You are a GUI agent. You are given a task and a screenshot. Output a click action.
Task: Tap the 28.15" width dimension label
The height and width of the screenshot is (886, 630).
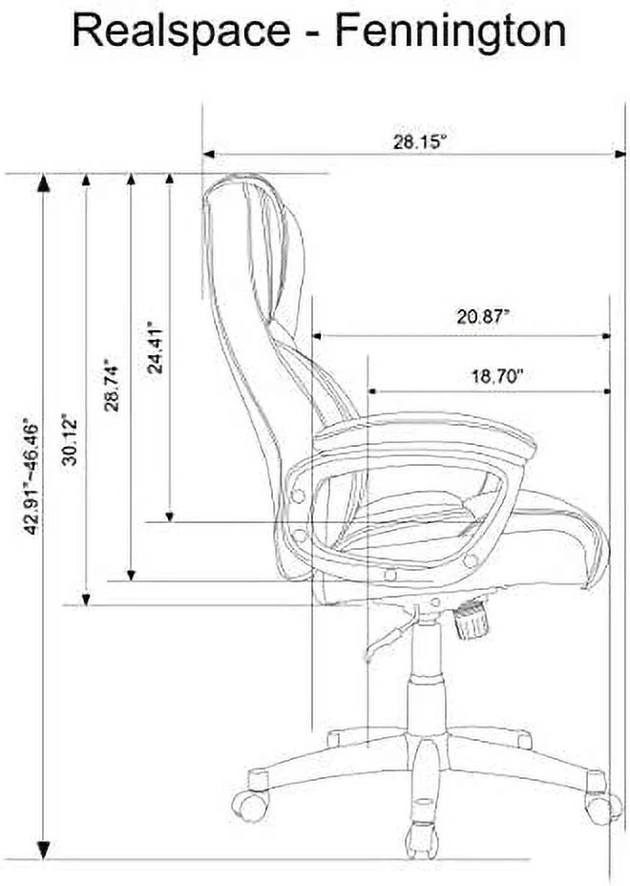(x=420, y=142)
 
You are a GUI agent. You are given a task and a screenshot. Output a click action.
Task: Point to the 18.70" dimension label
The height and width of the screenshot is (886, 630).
(x=497, y=376)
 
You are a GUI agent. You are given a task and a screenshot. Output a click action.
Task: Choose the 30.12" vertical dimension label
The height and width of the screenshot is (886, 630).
(x=69, y=438)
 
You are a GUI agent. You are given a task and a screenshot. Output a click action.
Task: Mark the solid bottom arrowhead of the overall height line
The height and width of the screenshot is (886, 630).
(x=42, y=848)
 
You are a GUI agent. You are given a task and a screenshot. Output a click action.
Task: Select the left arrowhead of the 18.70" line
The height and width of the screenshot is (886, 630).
(x=373, y=391)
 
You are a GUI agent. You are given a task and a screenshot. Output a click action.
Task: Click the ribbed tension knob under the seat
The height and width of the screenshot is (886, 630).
(x=472, y=622)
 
